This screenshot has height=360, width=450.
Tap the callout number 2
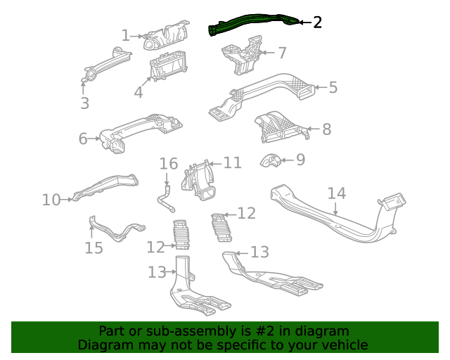(317, 22)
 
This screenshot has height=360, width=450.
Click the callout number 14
(337, 193)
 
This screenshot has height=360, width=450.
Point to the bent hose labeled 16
(165, 198)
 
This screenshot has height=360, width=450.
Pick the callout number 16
(169, 165)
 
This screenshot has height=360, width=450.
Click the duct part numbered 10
(105, 186)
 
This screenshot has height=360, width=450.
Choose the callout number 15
(94, 248)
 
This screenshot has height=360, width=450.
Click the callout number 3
(84, 103)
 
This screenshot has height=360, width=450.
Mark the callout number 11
(232, 163)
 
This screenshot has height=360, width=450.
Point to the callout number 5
(333, 88)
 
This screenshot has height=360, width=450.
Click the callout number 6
(84, 139)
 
